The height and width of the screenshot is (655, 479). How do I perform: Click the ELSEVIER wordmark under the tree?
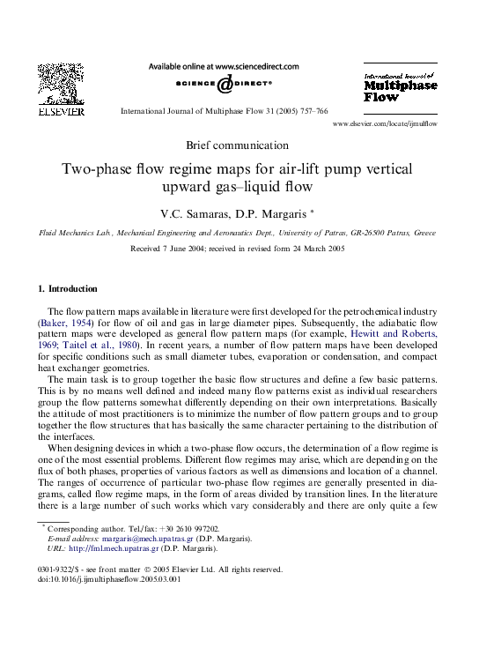tap(60, 112)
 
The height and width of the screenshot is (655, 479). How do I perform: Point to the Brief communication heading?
tap(238, 145)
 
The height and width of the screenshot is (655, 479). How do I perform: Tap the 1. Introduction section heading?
tap(69, 289)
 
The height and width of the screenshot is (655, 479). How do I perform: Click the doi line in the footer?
tap(99, 579)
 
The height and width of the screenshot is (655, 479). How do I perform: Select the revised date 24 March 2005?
tap(314, 249)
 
